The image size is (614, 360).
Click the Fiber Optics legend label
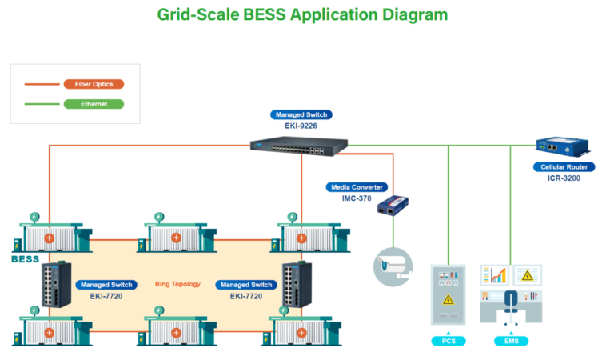tap(94, 83)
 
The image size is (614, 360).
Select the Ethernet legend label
tap(94, 103)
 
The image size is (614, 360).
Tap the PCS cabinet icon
tap(449, 293)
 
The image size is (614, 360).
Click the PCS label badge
tap(449, 342)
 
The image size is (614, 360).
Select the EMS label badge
tap(510, 342)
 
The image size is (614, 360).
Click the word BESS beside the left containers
tap(25, 259)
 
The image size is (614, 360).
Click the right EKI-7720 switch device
tap(293, 284)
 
